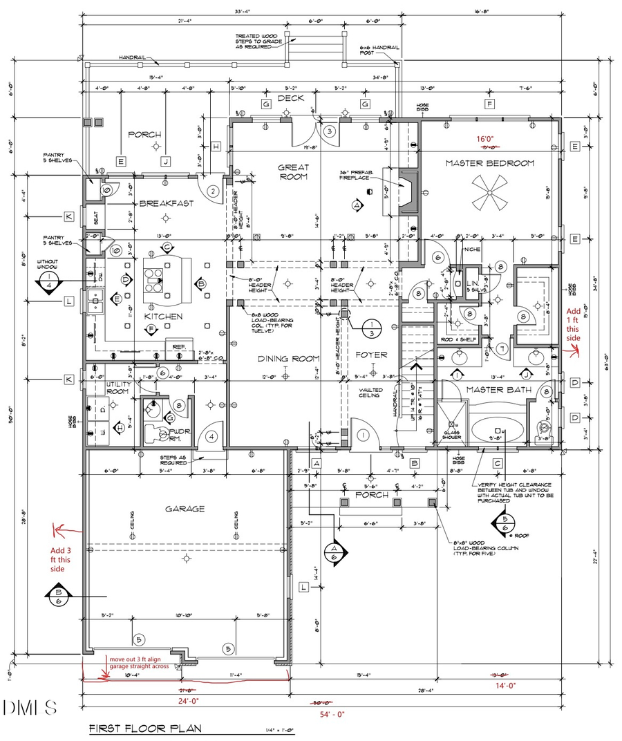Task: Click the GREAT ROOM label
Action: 293,172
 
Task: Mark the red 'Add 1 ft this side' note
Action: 574,325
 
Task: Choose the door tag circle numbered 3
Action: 330,131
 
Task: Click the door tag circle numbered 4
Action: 211,437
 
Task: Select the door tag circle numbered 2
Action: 213,191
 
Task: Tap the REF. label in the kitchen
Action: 178,347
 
